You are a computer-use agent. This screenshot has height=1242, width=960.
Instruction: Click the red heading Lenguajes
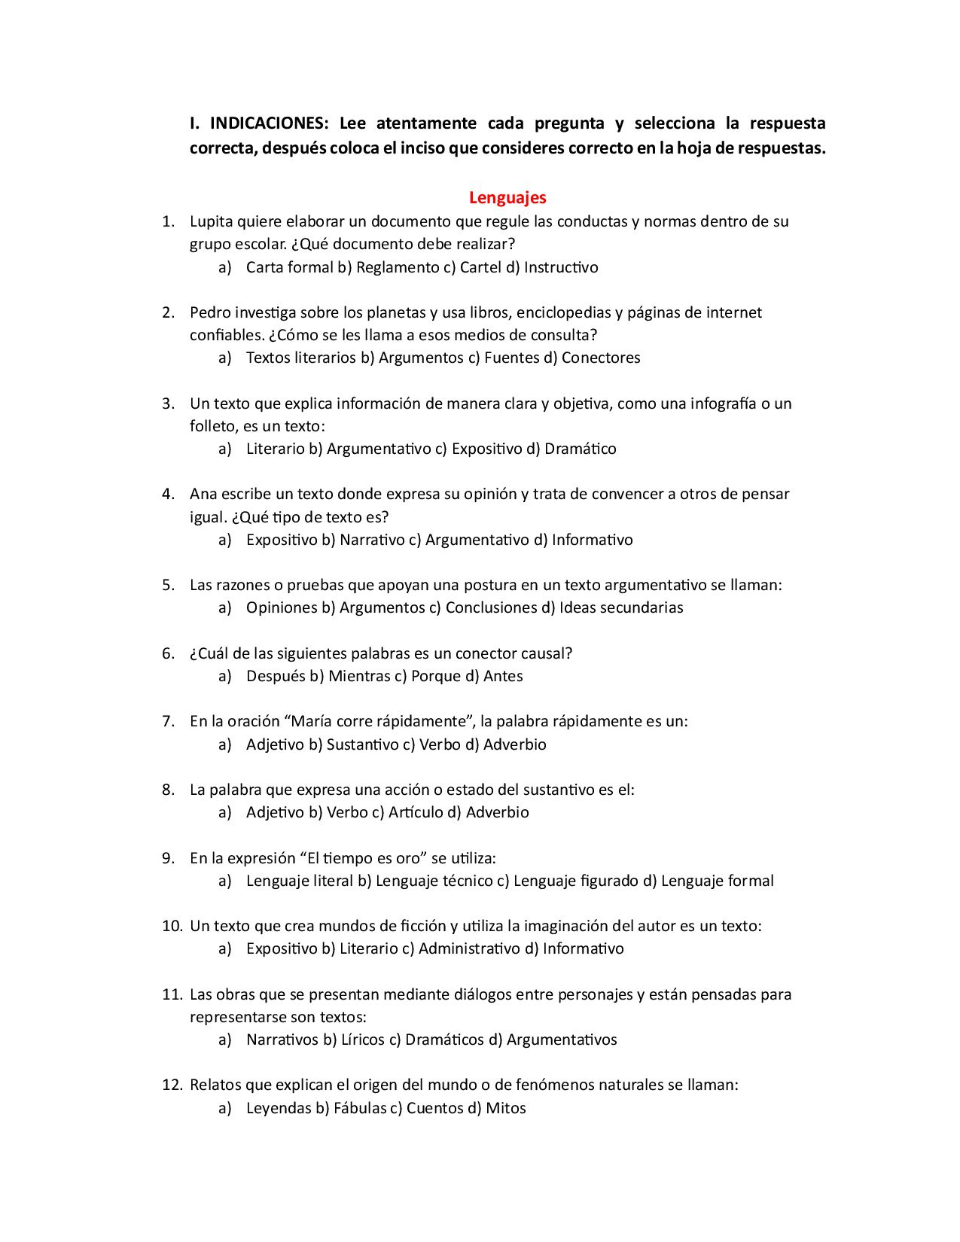(507, 198)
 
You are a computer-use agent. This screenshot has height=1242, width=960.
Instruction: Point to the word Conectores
(601, 358)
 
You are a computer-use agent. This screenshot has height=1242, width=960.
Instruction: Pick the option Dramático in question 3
(580, 449)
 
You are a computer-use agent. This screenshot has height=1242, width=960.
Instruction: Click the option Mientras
(359, 676)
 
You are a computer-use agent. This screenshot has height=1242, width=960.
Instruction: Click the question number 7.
(169, 721)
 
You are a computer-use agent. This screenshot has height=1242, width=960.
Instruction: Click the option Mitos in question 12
(505, 1108)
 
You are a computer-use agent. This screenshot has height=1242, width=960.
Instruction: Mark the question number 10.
(172, 926)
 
